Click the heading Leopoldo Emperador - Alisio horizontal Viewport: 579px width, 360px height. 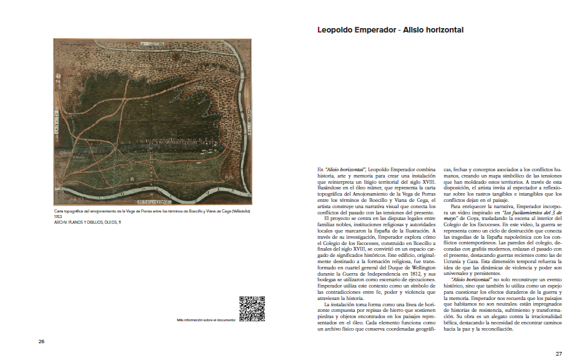[390, 29]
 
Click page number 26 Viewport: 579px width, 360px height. [41, 341]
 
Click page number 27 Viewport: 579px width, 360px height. [559, 353]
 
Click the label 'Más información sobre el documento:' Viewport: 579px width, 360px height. [207, 319]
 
